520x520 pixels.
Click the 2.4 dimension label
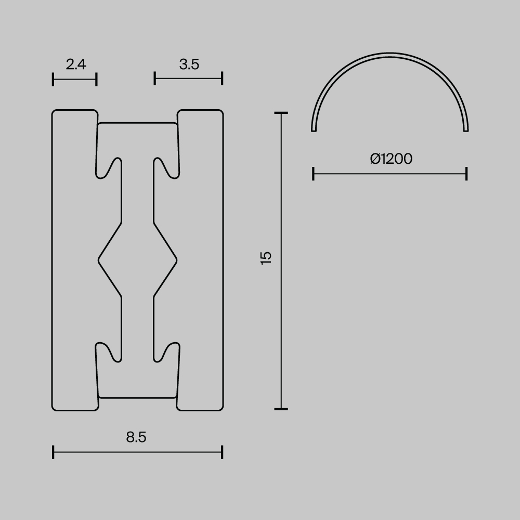[76, 64]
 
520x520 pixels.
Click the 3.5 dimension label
[189, 64]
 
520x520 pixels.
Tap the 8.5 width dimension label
[136, 437]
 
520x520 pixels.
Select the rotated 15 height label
[266, 258]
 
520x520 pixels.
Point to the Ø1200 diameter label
[391, 159]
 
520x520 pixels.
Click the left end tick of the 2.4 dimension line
[53, 79]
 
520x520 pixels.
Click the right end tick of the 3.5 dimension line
[222, 79]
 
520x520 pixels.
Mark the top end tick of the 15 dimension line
[281, 113]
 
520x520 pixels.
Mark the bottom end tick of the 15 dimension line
[281, 409]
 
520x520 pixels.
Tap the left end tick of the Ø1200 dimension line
[313, 174]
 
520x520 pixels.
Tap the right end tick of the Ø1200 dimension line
[466, 174]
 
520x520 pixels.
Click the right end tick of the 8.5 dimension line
[222, 452]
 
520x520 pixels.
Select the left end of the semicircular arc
[314, 129]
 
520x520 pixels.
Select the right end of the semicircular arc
[466, 129]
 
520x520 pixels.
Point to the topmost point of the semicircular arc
[390, 53]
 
